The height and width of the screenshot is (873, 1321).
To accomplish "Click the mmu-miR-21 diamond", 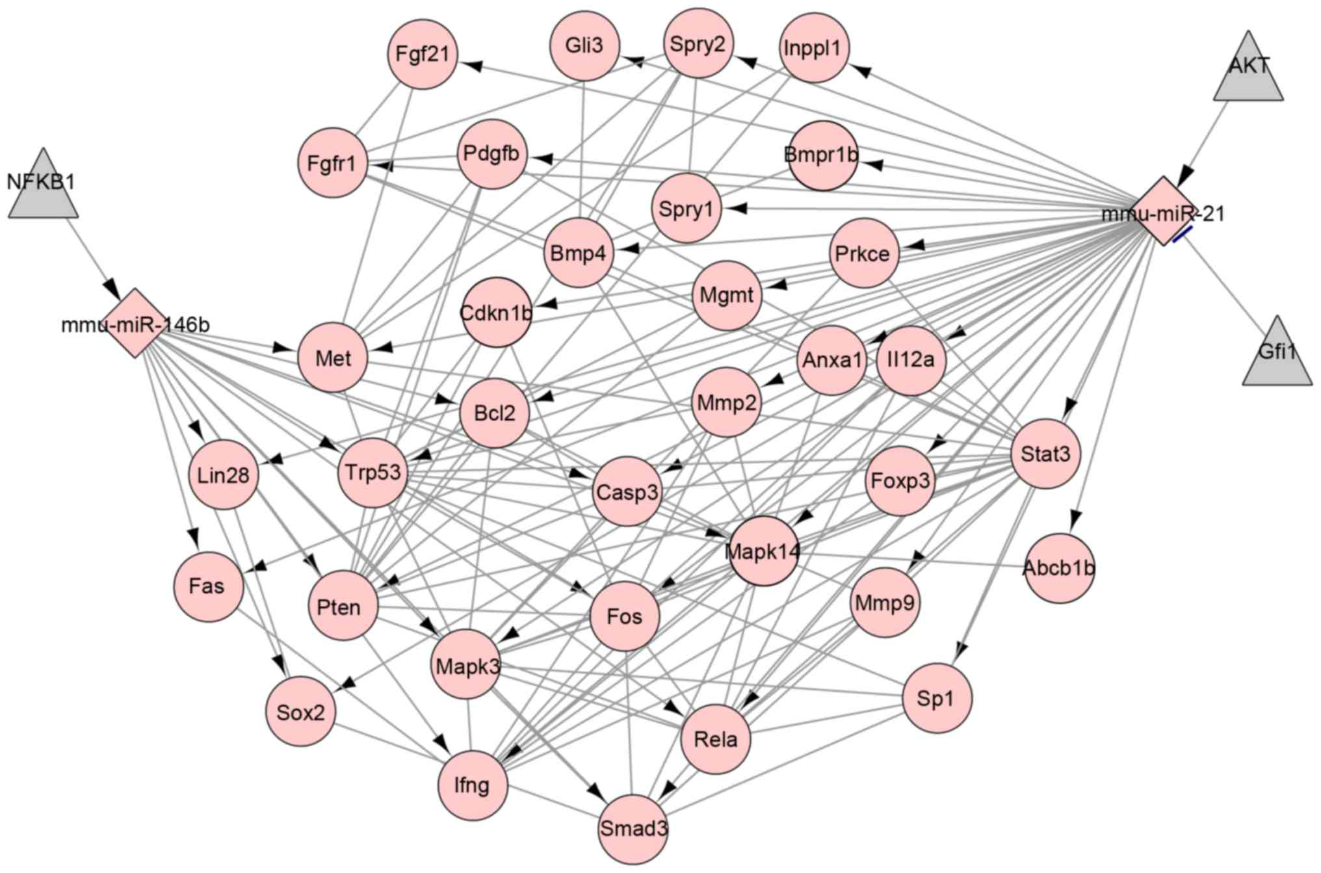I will (1164, 211).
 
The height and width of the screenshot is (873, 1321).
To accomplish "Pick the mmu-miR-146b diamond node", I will (135, 323).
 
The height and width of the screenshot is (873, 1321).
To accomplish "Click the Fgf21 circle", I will (423, 53).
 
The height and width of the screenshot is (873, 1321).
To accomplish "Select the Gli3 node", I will (584, 46).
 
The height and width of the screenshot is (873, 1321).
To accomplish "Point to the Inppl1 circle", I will (813, 48).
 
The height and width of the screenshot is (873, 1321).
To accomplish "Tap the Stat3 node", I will (1045, 454).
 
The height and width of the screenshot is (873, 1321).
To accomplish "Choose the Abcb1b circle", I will (1060, 568).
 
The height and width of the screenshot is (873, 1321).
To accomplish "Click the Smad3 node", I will (633, 829).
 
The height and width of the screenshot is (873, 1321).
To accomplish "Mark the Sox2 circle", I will (300, 712).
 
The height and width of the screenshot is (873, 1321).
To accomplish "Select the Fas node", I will (207, 586).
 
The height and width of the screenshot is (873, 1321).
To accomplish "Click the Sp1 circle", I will (936, 698).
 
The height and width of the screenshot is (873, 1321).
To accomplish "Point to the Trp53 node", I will (373, 473).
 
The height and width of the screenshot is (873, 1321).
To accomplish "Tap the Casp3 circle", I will (627, 491).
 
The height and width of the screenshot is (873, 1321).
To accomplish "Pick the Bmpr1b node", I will (822, 155).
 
